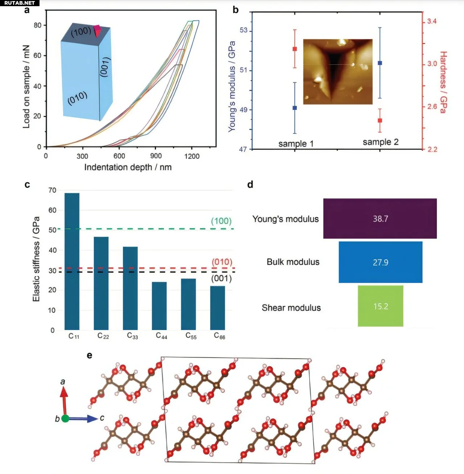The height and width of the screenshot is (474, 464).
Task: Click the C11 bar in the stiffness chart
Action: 72,261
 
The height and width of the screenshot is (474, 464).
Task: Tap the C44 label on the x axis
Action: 162,336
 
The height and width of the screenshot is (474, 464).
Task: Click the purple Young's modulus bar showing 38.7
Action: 380,218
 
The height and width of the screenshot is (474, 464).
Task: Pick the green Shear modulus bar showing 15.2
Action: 380,306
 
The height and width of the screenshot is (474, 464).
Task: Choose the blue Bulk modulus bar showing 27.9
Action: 380,262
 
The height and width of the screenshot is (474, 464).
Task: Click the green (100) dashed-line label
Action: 221,221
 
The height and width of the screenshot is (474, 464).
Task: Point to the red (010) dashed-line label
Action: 222,262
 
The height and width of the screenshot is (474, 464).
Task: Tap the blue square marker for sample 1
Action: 295,108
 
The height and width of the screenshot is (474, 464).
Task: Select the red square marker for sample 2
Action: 380,120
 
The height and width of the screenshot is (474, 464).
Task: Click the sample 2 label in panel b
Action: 381,142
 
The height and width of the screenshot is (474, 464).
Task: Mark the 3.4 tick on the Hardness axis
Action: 431,21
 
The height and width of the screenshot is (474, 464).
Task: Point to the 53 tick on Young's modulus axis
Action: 244,30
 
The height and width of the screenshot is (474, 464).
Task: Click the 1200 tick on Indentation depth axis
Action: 192,156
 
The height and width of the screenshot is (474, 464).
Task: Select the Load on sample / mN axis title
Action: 26,86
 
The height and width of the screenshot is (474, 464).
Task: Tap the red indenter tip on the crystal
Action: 97,30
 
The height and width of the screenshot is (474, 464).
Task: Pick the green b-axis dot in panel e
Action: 65,419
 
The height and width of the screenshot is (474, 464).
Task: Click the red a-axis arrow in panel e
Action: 64,399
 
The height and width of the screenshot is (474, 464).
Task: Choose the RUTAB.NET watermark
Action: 20,3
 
